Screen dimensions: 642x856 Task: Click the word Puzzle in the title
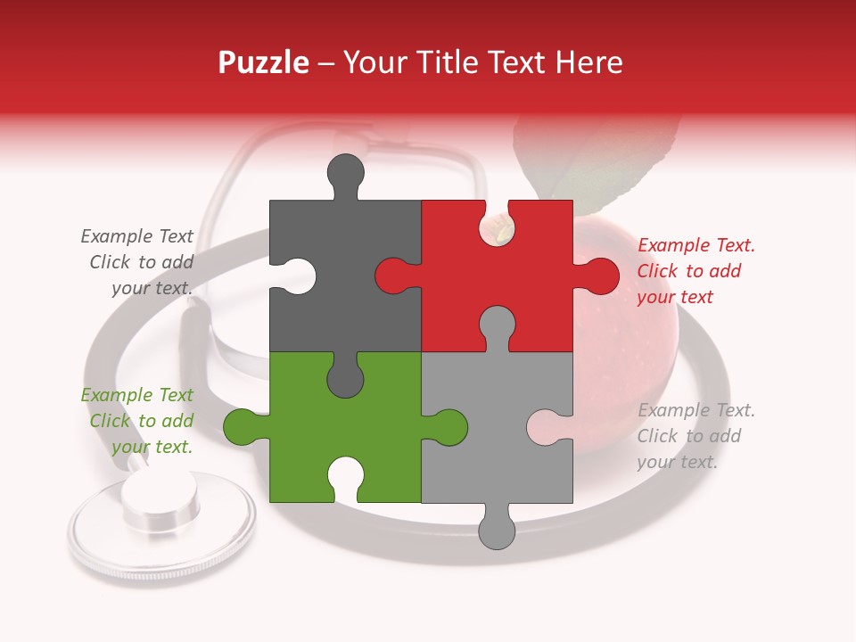[264, 62]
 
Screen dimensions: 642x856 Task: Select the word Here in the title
[588, 62]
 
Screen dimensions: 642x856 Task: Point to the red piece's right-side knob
[598, 276]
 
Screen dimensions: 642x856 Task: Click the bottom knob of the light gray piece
[498, 528]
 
